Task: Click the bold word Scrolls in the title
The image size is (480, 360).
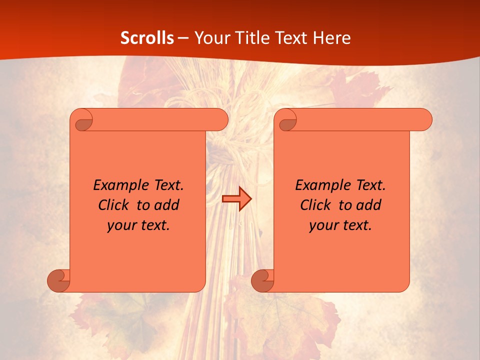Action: pos(147,38)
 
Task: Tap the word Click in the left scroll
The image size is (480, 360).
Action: pos(115,205)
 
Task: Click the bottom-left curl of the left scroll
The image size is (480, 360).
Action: pos(58,280)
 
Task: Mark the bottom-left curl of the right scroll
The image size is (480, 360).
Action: pos(262,280)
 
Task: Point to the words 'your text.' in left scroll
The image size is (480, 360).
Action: pos(138,225)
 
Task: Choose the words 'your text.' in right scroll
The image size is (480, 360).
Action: pos(340,225)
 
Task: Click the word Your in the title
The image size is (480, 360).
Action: pos(210,38)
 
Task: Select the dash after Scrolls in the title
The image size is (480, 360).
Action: pos(183,38)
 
